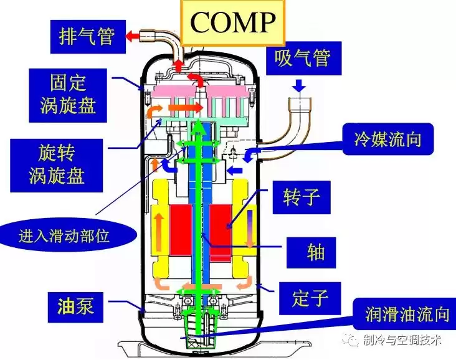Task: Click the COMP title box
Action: pyautogui.click(x=232, y=22)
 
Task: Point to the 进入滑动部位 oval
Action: pyautogui.click(x=69, y=236)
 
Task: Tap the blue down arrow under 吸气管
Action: pyautogui.click(x=300, y=86)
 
